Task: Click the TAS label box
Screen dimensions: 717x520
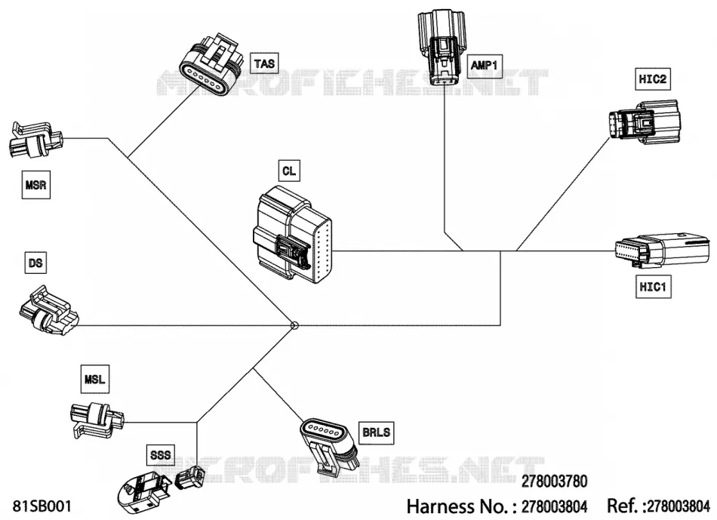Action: click(264, 63)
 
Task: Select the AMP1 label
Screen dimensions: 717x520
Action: click(485, 66)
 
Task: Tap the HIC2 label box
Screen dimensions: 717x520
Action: click(653, 78)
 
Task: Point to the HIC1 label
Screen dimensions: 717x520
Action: click(653, 287)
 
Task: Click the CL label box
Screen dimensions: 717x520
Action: click(289, 171)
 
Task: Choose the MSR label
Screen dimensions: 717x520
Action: click(35, 185)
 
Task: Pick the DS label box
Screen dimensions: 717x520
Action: click(35, 263)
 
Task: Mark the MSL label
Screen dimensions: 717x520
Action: click(94, 379)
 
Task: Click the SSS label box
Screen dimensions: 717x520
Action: click(160, 454)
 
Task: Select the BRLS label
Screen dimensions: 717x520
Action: click(377, 432)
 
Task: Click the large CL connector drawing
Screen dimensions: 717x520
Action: click(293, 233)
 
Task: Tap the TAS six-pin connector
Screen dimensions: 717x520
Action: click(209, 64)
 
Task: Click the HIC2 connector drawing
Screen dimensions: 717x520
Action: click(645, 122)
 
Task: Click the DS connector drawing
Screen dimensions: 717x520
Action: click(49, 311)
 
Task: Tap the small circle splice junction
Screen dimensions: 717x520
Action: click(294, 325)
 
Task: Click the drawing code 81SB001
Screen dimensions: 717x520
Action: click(42, 506)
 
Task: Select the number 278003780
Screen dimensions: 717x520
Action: click(554, 481)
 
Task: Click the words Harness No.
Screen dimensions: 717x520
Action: click(457, 506)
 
